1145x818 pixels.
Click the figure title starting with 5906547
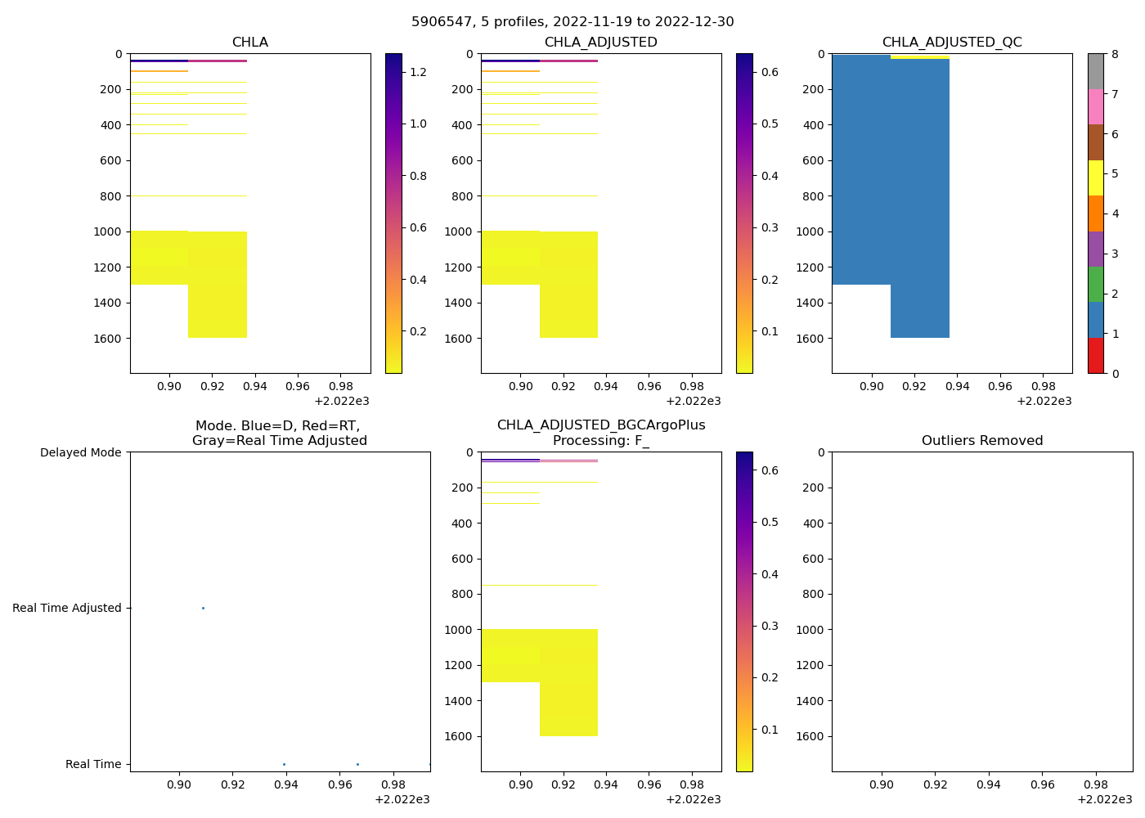(572, 21)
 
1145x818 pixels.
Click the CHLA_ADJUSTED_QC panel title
(952, 42)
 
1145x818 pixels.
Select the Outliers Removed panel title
(981, 440)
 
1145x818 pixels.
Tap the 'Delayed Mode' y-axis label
(80, 452)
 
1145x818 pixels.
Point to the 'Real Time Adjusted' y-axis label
(67, 608)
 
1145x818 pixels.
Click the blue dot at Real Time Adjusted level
(203, 608)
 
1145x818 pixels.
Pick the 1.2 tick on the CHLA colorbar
(418, 72)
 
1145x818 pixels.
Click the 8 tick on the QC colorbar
(1115, 54)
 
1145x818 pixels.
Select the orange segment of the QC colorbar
(1095, 213)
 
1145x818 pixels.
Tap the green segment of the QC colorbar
(1095, 284)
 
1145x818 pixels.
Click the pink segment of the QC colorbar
(1095, 106)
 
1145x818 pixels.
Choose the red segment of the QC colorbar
(1095, 356)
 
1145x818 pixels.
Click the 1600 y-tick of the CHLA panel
(109, 338)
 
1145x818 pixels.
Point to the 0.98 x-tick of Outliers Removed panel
(1096, 784)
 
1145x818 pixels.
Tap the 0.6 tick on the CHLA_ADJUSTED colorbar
(770, 72)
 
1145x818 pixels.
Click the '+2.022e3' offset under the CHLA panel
(342, 401)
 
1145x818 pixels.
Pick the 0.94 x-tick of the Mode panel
(286, 784)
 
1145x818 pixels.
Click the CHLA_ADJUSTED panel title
(601, 42)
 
